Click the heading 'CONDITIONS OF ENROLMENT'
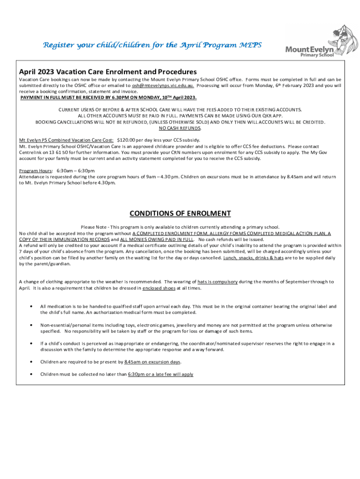click(x=180, y=214)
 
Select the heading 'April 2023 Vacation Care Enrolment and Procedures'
click(x=108, y=72)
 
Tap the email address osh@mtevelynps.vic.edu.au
click(x=163, y=86)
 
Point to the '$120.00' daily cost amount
click(x=126, y=140)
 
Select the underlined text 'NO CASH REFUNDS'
click(x=180, y=128)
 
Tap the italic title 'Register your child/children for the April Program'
click(x=152, y=45)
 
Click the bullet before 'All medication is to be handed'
click(x=30, y=306)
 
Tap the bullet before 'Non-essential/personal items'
click(x=30, y=325)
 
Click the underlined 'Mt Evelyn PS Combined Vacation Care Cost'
click(x=66, y=140)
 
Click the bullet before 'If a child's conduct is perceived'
click(x=30, y=343)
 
